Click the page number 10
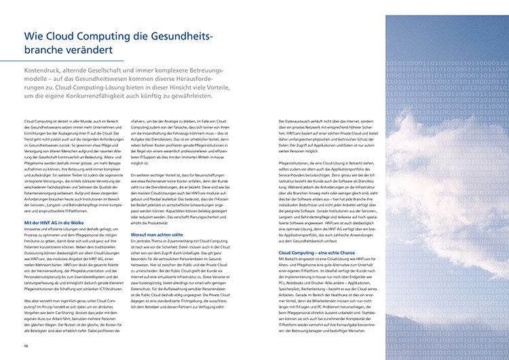click(x=26, y=346)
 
